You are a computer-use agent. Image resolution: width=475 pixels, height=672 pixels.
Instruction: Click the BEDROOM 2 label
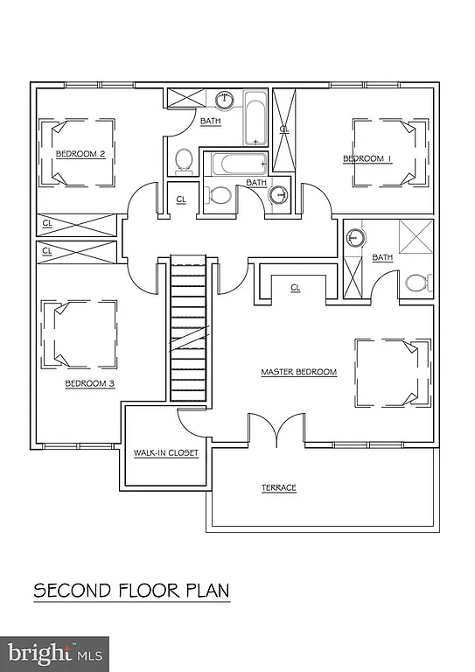(x=80, y=154)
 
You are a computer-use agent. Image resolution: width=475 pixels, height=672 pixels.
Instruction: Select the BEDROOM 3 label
(x=90, y=383)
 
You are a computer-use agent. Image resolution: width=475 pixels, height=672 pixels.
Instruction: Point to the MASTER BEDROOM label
(x=298, y=372)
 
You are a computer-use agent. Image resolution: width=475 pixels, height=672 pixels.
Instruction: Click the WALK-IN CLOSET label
(x=165, y=453)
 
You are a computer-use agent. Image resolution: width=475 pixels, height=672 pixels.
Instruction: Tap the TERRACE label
(x=279, y=487)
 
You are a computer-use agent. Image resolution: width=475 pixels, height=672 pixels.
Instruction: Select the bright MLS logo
(x=54, y=653)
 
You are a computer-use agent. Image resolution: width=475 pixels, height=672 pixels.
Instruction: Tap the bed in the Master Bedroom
(x=392, y=372)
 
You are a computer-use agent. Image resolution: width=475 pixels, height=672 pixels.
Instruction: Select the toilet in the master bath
(x=416, y=283)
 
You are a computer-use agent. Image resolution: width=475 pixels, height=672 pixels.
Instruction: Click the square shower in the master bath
(x=416, y=236)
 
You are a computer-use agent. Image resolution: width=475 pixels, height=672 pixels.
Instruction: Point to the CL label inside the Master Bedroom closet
(x=295, y=287)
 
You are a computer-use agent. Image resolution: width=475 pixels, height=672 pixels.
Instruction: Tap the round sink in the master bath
(x=356, y=238)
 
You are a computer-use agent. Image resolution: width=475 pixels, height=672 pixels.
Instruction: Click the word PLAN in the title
(x=204, y=591)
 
